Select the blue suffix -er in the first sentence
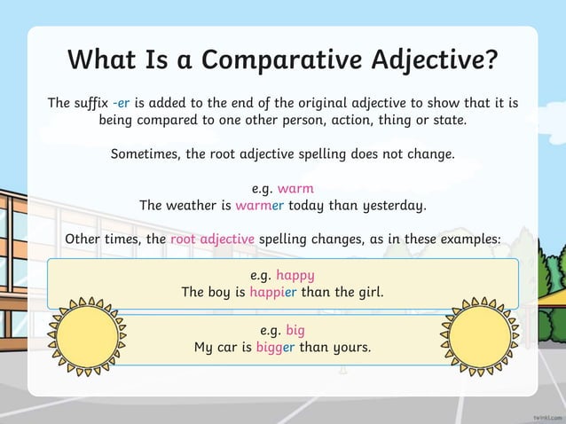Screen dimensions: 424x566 coord(122,103)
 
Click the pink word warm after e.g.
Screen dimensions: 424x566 coord(295,188)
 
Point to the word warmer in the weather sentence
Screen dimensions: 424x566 coord(260,206)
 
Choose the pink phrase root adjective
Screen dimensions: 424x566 coord(212,239)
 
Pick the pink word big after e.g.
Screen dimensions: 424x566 coord(295,330)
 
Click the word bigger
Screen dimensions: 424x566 coord(275,347)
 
